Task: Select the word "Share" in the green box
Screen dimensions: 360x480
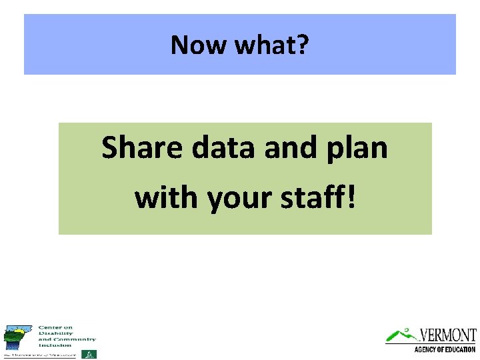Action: [141, 147]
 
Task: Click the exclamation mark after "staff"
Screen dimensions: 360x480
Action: [351, 197]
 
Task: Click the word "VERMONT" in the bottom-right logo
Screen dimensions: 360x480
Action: [448, 335]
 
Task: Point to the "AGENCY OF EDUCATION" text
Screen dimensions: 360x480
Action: [445, 349]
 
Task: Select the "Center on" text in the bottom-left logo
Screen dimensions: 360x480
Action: [55, 327]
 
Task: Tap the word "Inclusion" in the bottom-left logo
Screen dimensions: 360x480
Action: [54, 345]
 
